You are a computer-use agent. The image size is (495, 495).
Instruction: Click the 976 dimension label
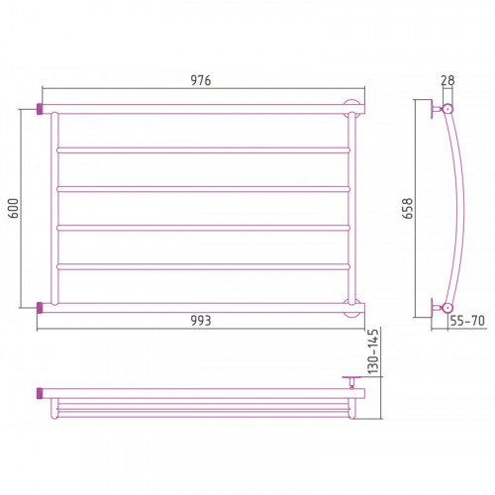(x=201, y=80)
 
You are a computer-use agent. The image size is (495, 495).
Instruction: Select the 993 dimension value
(x=201, y=321)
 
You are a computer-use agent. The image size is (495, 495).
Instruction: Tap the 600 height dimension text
(x=14, y=208)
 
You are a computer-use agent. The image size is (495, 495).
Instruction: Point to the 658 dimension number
(x=408, y=208)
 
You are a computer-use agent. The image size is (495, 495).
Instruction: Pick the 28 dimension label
(x=447, y=80)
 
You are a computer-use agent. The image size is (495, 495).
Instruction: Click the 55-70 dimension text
(x=467, y=321)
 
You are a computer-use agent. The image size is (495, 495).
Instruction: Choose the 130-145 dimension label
(x=373, y=351)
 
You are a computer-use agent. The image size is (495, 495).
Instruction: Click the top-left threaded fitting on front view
(x=40, y=109)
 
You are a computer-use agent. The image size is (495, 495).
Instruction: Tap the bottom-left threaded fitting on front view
(x=40, y=308)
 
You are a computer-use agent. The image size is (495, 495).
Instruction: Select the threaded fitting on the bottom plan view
(x=40, y=393)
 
